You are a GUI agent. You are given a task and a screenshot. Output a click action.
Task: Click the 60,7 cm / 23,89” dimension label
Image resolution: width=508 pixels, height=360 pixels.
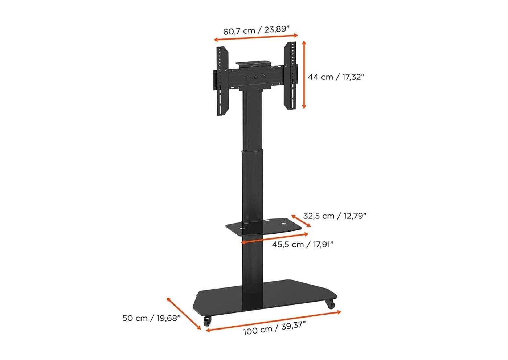tap(256, 30)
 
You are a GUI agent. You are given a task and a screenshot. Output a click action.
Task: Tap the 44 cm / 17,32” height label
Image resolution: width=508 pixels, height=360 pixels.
tap(336, 77)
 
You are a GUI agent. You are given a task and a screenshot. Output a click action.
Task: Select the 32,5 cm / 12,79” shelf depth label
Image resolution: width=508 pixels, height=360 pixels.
tap(335, 216)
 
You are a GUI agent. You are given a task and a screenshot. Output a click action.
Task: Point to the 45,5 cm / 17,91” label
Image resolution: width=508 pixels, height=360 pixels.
tap(303, 245)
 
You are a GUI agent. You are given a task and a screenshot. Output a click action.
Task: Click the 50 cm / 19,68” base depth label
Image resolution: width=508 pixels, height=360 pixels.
tap(152, 318)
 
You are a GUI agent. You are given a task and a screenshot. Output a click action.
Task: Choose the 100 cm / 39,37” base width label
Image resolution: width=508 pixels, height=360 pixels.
tap(274, 328)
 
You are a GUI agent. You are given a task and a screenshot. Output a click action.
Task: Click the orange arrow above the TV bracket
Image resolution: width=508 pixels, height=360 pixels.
tap(256, 37)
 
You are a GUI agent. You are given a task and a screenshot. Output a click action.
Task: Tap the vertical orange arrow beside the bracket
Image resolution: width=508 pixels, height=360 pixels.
tap(304, 75)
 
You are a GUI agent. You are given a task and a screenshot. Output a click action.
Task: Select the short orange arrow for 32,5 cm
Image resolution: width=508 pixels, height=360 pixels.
tap(301, 221)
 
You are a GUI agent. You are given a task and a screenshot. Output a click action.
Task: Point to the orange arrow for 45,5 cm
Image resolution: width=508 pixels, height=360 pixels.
tap(275, 238)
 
